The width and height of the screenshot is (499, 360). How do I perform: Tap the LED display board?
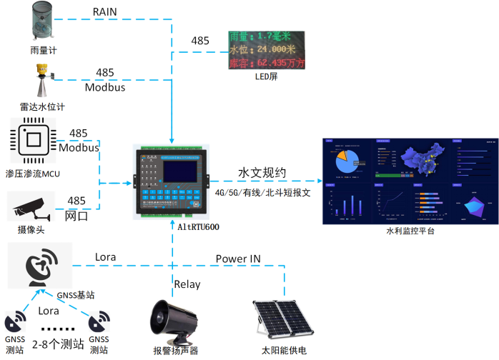[266, 50]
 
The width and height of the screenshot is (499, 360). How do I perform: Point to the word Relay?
[187, 284]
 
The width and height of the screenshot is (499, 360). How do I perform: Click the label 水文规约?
[262, 174]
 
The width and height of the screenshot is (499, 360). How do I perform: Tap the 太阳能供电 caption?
[284, 350]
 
